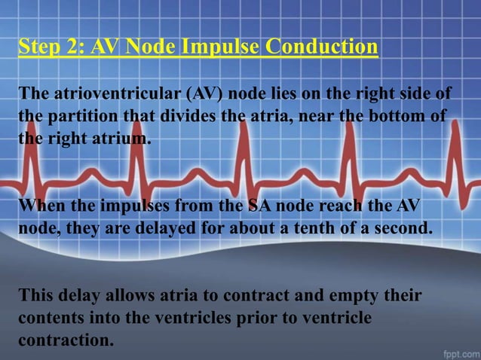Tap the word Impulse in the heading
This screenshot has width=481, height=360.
point(217,47)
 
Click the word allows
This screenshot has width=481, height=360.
point(130,296)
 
